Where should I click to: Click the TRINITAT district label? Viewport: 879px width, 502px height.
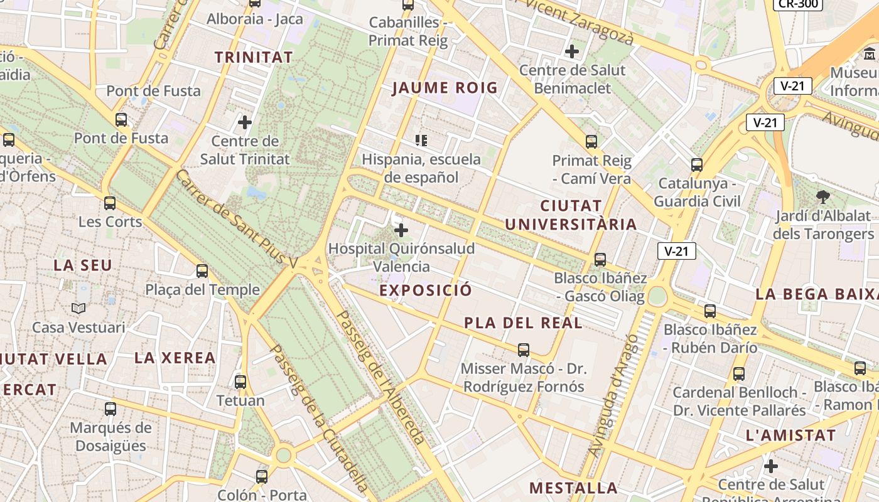tap(254, 57)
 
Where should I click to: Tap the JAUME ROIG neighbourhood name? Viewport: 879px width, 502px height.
tap(445, 88)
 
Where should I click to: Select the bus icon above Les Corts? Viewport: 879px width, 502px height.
tap(110, 203)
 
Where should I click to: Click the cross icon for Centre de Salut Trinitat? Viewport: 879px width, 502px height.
tap(245, 122)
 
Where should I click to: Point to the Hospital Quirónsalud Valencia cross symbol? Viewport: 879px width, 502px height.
tap(401, 230)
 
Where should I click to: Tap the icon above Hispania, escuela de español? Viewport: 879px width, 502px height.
tap(421, 140)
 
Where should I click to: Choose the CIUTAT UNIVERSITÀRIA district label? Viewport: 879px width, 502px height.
tap(571, 215)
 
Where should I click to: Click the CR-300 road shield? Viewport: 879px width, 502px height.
tap(797, 4)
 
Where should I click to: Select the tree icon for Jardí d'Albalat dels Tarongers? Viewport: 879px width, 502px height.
tap(822, 197)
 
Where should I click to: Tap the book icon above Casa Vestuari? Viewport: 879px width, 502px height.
tap(78, 308)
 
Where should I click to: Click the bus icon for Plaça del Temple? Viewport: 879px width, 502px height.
tap(202, 271)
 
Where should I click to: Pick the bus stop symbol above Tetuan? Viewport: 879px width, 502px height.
tap(240, 382)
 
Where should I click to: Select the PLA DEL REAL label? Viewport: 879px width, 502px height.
tap(523, 323)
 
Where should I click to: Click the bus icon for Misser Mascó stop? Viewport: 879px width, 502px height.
tap(523, 350)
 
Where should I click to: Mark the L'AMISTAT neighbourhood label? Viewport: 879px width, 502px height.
tap(790, 435)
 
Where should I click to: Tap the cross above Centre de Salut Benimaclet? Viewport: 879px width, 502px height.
tap(572, 51)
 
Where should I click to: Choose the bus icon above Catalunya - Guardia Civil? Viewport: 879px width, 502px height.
tap(697, 165)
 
